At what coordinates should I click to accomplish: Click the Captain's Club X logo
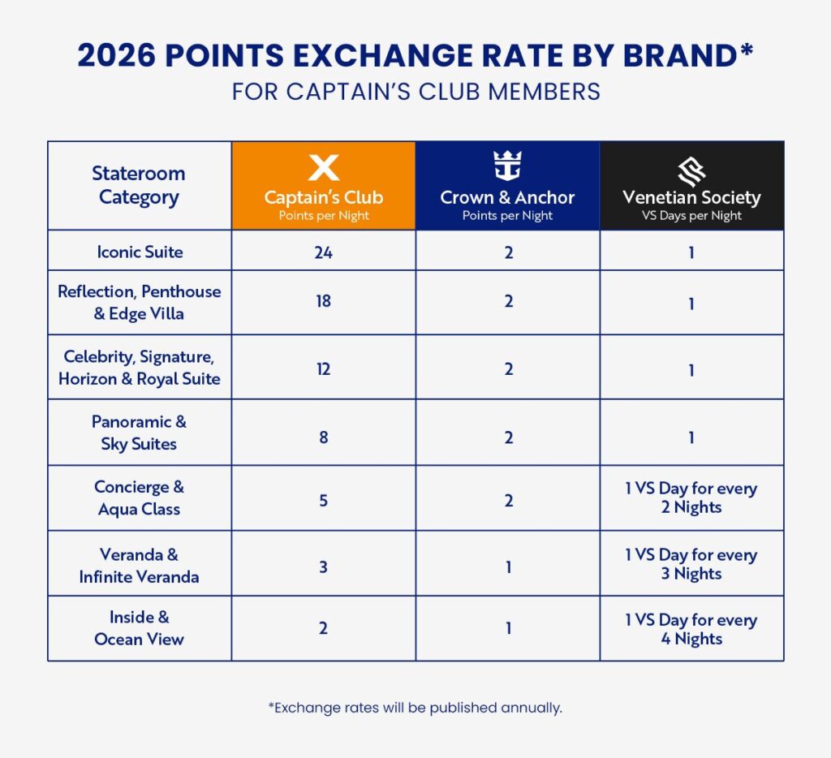click(x=323, y=168)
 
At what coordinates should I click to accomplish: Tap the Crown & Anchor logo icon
click(x=507, y=166)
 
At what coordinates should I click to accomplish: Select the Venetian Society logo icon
click(x=691, y=169)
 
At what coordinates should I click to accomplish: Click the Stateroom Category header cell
click(x=139, y=185)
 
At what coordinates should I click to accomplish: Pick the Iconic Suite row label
click(x=140, y=252)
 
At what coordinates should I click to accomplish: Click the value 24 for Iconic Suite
click(x=323, y=252)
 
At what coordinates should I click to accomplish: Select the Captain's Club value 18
click(x=323, y=302)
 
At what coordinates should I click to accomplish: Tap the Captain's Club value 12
click(x=323, y=368)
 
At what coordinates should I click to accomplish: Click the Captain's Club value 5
click(x=323, y=500)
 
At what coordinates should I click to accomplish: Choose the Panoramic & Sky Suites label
click(x=139, y=433)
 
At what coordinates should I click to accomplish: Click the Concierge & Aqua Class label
click(x=139, y=498)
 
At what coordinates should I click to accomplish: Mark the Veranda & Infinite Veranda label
click(x=139, y=566)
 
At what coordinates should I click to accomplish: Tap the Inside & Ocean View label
click(x=139, y=628)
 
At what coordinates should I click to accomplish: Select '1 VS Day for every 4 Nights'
click(x=691, y=629)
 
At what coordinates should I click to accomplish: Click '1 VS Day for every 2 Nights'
click(x=691, y=497)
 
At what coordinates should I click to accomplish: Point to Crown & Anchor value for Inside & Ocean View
click(x=508, y=629)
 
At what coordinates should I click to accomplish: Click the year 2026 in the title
click(x=120, y=55)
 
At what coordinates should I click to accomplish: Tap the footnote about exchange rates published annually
click(x=415, y=708)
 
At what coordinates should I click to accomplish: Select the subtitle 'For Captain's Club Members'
click(x=415, y=92)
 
